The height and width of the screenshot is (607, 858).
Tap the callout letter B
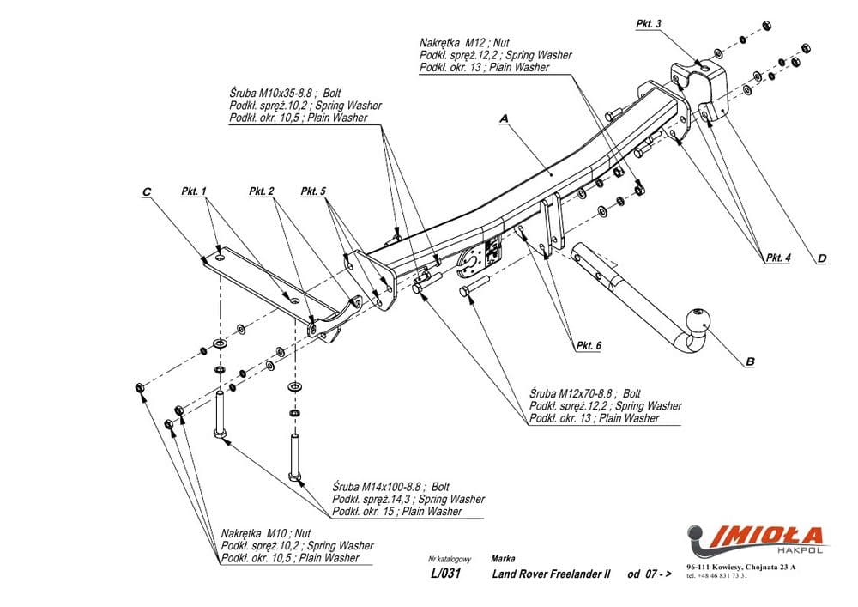point(749,362)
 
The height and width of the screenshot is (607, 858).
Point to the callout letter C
point(147,193)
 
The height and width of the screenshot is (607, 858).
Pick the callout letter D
point(821,258)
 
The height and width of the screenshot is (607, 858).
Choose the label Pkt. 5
point(313,191)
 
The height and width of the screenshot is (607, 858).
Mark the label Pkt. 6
point(588,345)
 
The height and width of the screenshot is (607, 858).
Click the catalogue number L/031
point(444,574)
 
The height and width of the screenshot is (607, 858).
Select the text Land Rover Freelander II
point(552,574)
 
